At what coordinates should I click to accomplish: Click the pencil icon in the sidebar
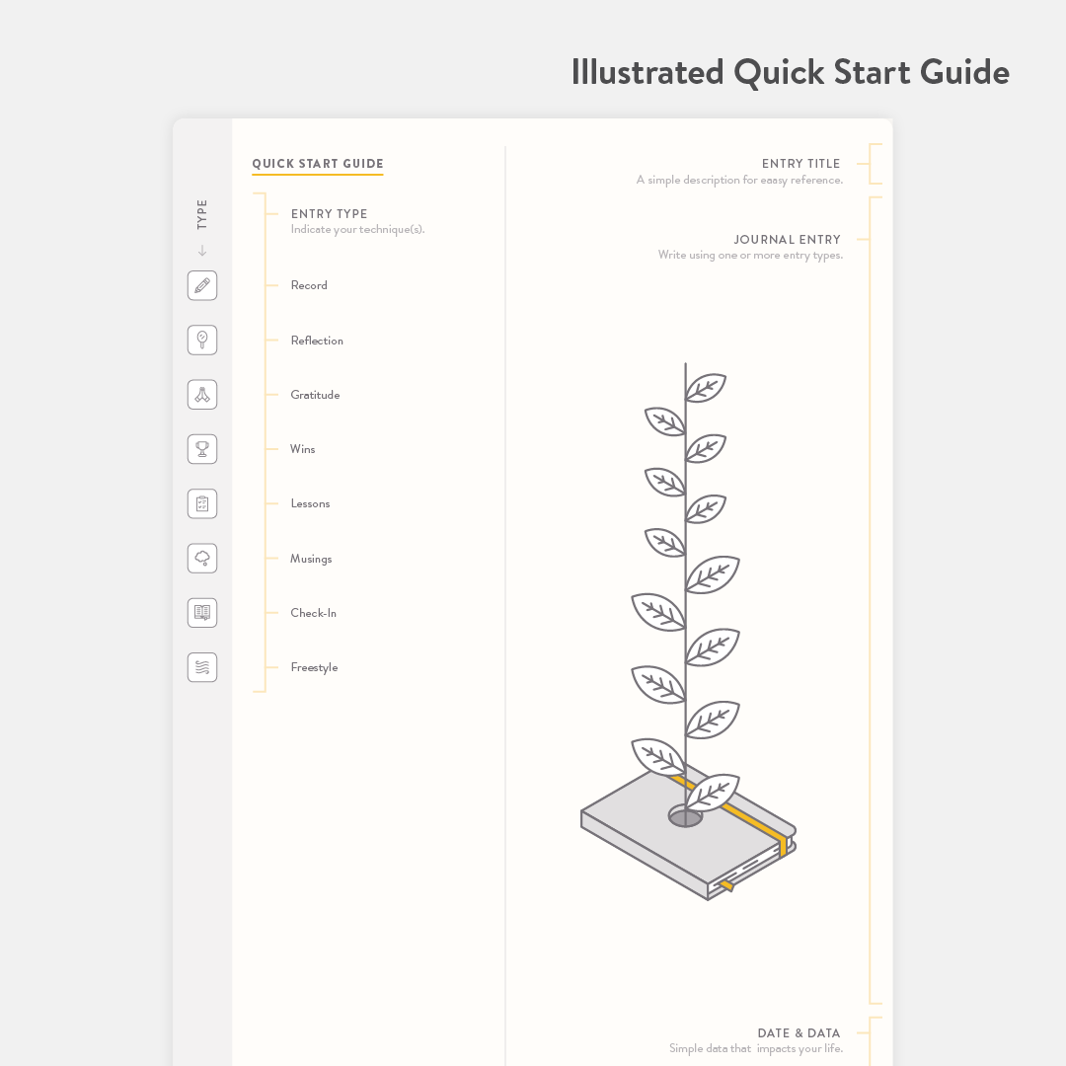pos(202,285)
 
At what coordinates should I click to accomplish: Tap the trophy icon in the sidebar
pos(202,449)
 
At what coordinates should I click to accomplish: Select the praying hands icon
pos(202,394)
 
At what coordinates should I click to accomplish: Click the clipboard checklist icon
pos(202,503)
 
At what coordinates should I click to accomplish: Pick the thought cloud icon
pos(202,558)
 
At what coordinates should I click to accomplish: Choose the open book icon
pos(202,613)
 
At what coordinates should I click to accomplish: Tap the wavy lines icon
pos(202,667)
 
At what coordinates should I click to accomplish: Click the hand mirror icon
pos(202,340)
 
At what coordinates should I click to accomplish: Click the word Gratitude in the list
pos(315,395)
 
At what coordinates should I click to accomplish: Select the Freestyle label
pos(314,667)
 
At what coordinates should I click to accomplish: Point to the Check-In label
pos(314,613)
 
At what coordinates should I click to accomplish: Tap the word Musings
pos(311,559)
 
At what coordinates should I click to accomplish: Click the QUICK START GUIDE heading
pos(318,163)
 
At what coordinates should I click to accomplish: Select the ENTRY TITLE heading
pos(800,163)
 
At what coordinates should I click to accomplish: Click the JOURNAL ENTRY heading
pos(788,239)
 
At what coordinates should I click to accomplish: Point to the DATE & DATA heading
pos(799,1032)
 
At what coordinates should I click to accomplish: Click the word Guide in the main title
pos(964,72)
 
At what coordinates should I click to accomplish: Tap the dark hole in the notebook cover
pos(685,816)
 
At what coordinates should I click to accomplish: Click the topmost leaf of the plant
pos(706,388)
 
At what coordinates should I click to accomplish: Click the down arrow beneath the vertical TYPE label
pos(202,250)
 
